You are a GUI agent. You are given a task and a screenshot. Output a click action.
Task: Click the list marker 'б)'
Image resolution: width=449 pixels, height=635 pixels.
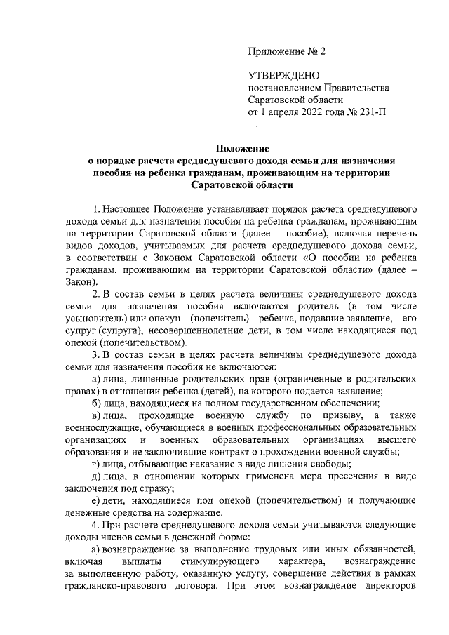(98, 403)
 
